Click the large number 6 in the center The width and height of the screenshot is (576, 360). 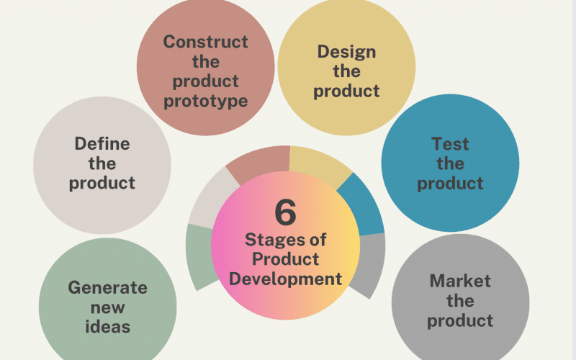(285, 212)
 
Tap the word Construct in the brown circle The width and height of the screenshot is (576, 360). (206, 42)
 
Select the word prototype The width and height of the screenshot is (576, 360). (206, 102)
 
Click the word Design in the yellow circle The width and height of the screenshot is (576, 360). (347, 52)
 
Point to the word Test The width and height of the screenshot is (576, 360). (450, 143)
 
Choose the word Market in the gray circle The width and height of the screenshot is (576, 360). (460, 281)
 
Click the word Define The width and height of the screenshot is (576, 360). (102, 143)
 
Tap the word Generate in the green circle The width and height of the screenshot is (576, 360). (107, 287)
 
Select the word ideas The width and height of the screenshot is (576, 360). (107, 327)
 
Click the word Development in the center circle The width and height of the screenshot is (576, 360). (285, 279)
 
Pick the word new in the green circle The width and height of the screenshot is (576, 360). (107, 308)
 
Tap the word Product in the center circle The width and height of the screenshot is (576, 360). (285, 259)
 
